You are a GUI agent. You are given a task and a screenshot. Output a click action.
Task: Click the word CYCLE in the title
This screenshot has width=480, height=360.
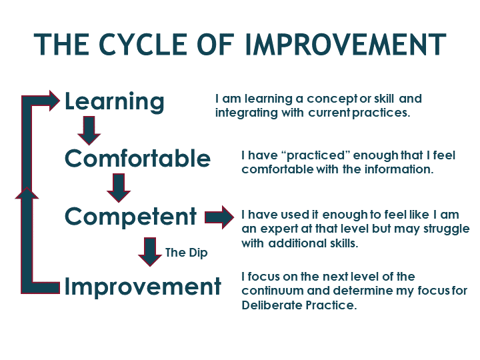tap(143, 45)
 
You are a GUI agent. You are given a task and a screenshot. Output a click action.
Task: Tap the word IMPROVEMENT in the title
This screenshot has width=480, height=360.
tap(345, 45)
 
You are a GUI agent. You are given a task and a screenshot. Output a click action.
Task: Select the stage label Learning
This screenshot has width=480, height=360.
tap(115, 102)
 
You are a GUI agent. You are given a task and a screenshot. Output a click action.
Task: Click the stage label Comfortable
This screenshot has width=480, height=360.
tap(138, 158)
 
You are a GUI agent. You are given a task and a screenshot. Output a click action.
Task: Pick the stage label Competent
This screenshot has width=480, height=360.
tap(131, 217)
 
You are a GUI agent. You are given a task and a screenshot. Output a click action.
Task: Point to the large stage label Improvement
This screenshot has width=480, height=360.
tap(143, 287)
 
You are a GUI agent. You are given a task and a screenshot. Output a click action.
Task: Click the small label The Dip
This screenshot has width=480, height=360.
tap(187, 253)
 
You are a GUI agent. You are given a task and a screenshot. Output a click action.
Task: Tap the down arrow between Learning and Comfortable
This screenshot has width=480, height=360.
tap(89, 131)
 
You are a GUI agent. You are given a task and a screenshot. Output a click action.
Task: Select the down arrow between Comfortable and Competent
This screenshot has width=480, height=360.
tap(119, 188)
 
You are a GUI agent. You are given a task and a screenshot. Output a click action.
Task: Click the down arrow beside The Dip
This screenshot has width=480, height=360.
tap(150, 252)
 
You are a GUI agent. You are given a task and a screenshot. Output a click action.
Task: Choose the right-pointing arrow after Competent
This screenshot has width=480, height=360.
tap(219, 217)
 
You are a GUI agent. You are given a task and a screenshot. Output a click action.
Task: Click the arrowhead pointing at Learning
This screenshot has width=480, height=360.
tap(55, 101)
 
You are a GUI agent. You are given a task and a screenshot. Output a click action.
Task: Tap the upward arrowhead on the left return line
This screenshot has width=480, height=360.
tap(27, 193)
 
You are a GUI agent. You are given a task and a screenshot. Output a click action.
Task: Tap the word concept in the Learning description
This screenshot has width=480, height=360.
tap(332, 99)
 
